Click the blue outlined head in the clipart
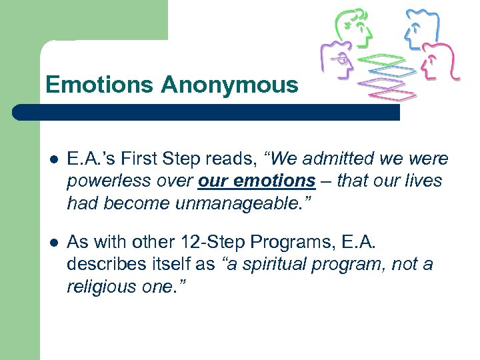tap(419, 29)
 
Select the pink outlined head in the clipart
tap(439, 61)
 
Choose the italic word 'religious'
tap(97, 286)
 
